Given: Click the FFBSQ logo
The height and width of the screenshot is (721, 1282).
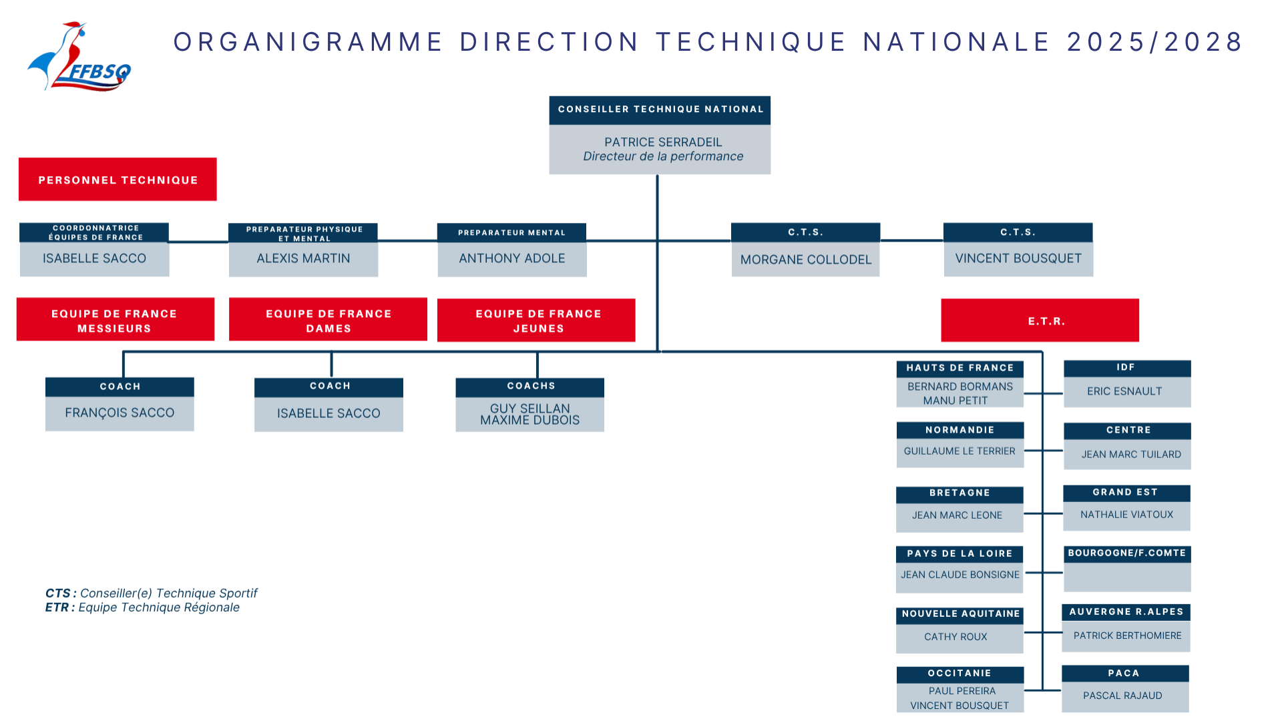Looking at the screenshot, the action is (79, 57).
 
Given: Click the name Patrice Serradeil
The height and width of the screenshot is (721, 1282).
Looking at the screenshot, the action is (663, 142).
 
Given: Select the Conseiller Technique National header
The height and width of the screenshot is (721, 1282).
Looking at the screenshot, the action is (660, 110).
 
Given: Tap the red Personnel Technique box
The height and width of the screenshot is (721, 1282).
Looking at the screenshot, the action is (118, 180).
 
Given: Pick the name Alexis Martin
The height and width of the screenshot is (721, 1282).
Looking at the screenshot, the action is (303, 258).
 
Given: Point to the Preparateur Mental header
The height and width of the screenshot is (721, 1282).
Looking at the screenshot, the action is (511, 232).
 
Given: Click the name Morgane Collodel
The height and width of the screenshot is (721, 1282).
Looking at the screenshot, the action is (806, 260).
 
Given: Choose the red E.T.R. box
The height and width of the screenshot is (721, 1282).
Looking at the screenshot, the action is (1040, 320).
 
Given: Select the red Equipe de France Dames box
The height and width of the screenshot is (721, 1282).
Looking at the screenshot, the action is (328, 320).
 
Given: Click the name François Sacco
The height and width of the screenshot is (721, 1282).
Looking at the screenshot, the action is (120, 413).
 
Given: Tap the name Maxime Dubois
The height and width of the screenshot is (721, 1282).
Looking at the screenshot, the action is (529, 421).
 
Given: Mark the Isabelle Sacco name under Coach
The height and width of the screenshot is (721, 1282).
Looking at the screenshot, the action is (329, 414).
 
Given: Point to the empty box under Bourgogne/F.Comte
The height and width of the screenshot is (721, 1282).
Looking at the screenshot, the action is (1127, 577).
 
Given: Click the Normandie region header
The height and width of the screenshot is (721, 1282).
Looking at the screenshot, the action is (959, 430).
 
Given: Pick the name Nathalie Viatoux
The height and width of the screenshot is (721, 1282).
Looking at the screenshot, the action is (1126, 515).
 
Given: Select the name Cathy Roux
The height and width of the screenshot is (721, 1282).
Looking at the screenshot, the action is (955, 637).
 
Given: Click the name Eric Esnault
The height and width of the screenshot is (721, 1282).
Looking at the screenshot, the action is (1124, 391).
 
